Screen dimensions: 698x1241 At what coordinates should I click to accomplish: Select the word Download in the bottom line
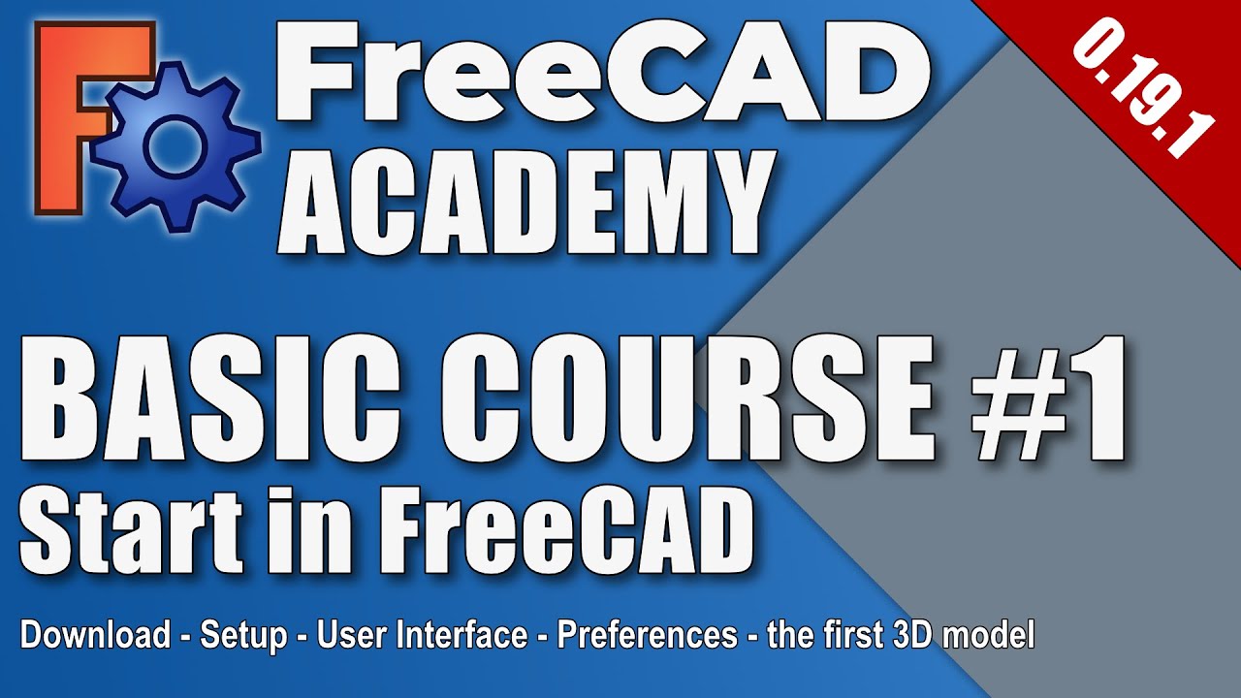tap(95, 637)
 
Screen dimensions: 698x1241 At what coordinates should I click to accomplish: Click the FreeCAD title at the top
tap(601, 73)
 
